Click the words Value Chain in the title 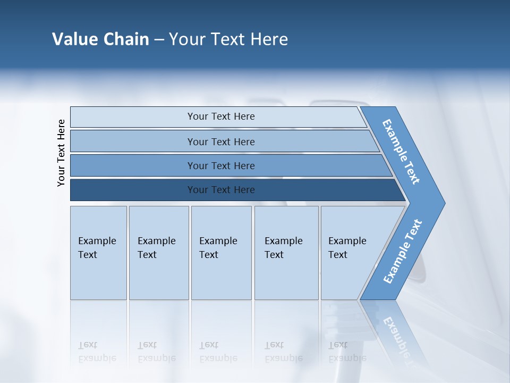[x=100, y=39]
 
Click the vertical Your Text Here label [x=61, y=153]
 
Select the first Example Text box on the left [x=98, y=253]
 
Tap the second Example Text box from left [x=158, y=253]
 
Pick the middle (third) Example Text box [x=221, y=253]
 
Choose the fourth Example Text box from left [x=286, y=253]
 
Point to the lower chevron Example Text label [x=403, y=252]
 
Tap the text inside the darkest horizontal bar [x=221, y=190]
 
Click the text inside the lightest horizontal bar [x=221, y=116]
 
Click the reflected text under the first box [x=97, y=352]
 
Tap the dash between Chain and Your [x=159, y=39]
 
